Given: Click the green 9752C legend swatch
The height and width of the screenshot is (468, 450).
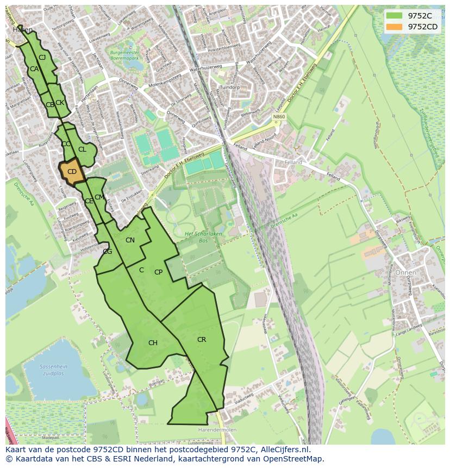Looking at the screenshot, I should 396,16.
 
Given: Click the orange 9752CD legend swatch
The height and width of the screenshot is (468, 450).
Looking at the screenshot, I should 396,27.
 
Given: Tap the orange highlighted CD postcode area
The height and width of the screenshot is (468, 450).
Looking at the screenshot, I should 72,172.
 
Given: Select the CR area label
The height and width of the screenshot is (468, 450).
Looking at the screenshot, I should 202,340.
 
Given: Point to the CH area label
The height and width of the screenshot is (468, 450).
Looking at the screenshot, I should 153,343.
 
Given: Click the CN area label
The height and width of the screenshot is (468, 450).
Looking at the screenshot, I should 130,240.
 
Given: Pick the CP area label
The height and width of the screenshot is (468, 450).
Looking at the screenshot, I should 158,272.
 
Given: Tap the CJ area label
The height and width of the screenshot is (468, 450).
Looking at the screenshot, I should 42,58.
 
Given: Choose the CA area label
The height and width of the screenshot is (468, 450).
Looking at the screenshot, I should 34,69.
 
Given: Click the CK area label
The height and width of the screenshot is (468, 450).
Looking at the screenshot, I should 60,103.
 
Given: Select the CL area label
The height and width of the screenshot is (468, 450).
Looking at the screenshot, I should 82,149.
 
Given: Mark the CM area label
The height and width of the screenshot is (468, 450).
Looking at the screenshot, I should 99,197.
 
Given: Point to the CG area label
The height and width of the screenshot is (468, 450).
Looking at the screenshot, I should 107,251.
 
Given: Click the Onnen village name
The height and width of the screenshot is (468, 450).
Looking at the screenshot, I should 405,272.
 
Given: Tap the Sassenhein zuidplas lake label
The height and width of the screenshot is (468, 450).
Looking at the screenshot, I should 53,370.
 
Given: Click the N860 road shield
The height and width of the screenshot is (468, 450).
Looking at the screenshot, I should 279,116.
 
